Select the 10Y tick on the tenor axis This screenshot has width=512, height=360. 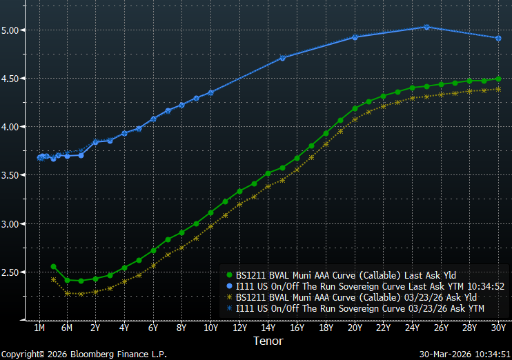coord(210,328)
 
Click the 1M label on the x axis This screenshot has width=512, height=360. coord(39,328)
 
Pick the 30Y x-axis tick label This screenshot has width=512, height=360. coord(498,328)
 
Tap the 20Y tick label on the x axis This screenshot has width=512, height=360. coord(355,328)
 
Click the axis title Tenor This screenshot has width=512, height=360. coord(268,341)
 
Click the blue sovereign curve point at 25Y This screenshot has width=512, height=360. coord(426,27)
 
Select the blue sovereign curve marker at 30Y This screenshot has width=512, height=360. coord(498,38)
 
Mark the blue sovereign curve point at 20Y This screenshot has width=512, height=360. coord(355,37)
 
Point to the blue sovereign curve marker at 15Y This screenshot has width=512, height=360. coord(283,58)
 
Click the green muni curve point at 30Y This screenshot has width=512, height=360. coord(498,79)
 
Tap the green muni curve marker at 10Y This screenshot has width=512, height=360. coord(210,212)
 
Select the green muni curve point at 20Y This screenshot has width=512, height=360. coord(355,108)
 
